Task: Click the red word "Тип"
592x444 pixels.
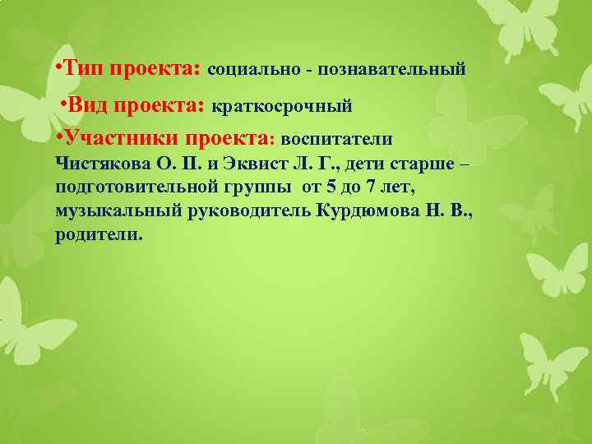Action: click(x=85, y=69)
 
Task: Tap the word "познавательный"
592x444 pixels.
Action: click(x=399, y=70)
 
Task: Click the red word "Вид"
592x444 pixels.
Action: click(x=87, y=105)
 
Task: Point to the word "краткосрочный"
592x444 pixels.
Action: click(x=282, y=106)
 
